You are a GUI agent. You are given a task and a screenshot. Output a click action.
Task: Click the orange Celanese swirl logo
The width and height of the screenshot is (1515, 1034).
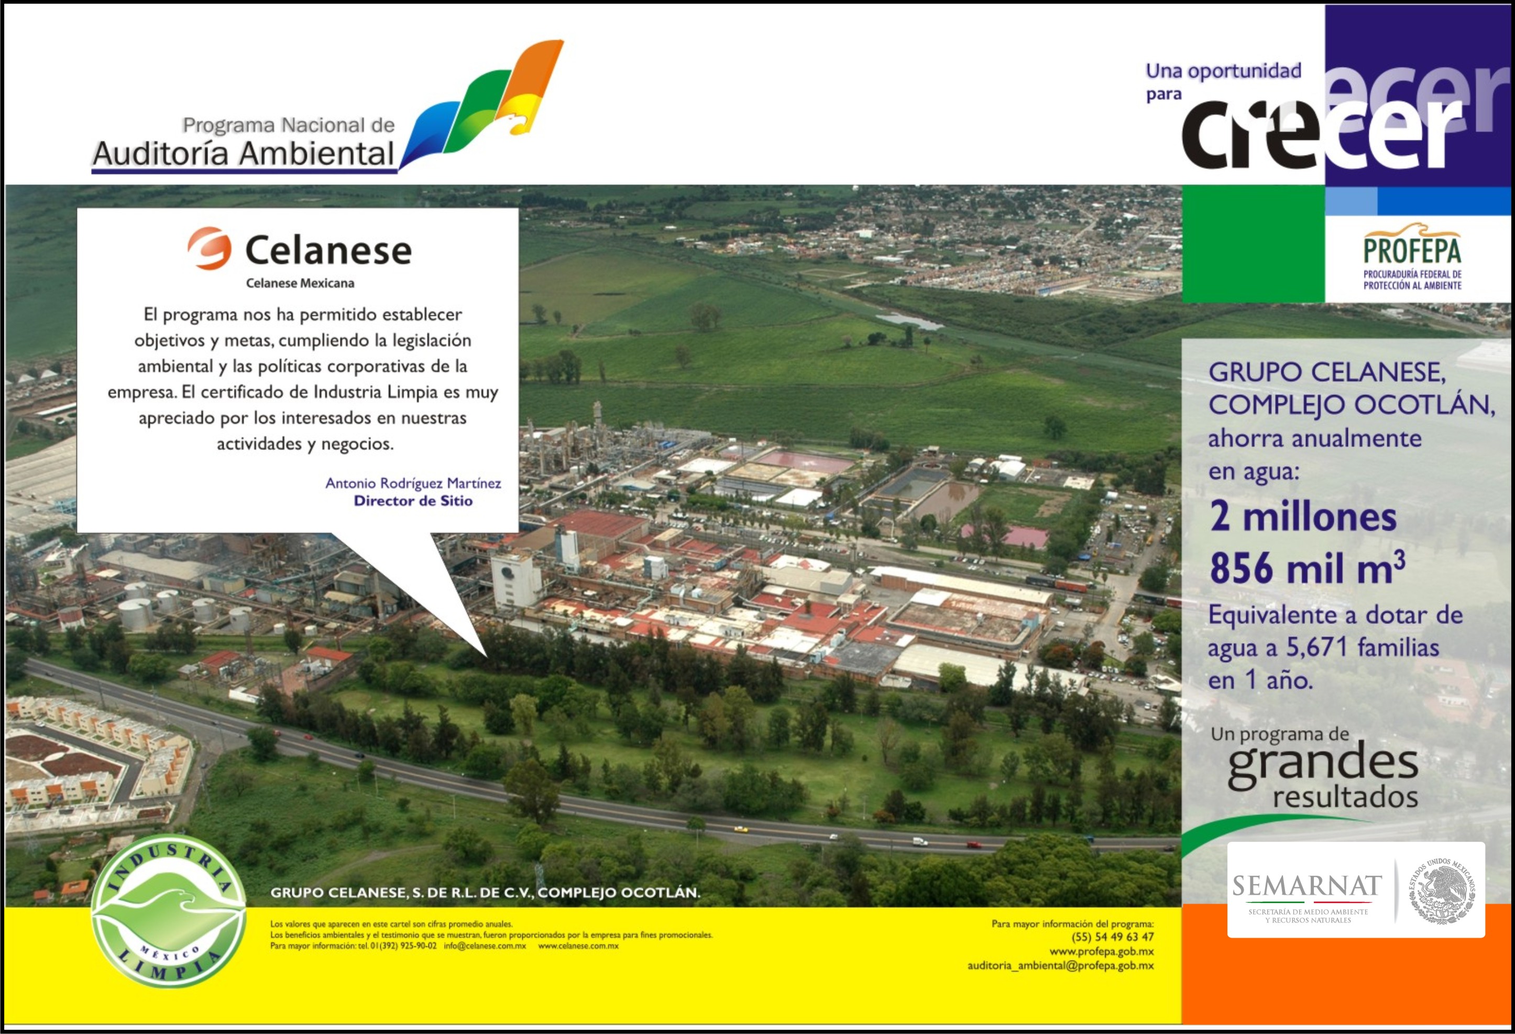[x=209, y=248]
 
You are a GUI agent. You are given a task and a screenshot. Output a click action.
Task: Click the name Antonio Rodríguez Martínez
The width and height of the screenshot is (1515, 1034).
[x=413, y=483]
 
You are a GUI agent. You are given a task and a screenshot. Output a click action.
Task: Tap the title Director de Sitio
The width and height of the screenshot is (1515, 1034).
[x=413, y=501]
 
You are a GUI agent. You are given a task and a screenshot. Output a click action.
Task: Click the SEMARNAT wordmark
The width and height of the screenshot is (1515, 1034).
[x=1307, y=885]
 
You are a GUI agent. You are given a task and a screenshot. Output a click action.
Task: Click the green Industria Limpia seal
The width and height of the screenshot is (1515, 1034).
[x=169, y=911]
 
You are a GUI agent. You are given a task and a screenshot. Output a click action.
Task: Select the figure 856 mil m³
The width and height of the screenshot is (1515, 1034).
[x=1307, y=568]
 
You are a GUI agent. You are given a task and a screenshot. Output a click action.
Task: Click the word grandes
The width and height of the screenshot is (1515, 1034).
[x=1323, y=764]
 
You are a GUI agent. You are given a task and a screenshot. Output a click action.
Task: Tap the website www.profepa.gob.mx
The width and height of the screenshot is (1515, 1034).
[x=1102, y=951]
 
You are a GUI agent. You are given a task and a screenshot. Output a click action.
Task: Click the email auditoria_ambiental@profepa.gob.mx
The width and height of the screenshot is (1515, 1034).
[x=1061, y=965]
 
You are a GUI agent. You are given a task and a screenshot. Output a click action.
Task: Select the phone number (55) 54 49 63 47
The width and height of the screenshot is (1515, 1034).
[x=1113, y=937]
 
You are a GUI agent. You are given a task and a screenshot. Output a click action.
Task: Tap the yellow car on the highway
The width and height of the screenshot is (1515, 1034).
[x=741, y=829]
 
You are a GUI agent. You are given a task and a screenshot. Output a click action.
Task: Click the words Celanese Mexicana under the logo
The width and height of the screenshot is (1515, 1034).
[x=300, y=283]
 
